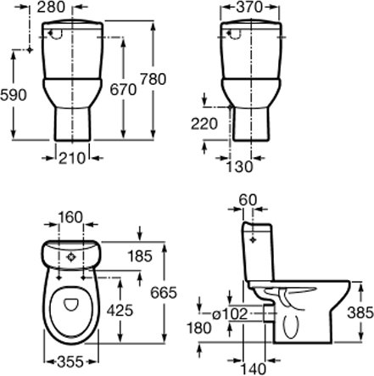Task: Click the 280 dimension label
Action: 51,7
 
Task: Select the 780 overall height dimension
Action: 153,79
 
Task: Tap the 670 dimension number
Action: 123,90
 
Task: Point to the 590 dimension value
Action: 14,95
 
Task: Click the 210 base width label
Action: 72,158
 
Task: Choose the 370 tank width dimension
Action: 249,7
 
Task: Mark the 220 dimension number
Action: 204,124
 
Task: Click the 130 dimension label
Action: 239,166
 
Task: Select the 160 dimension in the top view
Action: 70,217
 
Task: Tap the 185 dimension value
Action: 140,256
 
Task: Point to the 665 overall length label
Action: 164,293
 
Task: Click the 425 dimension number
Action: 120,311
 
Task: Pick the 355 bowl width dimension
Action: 70,362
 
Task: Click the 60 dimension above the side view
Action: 248,200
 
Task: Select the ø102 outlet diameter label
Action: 230,314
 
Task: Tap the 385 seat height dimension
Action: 360,313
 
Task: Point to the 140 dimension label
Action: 254,369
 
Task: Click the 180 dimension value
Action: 199,328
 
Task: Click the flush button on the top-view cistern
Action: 70,257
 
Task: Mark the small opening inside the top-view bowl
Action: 70,304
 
